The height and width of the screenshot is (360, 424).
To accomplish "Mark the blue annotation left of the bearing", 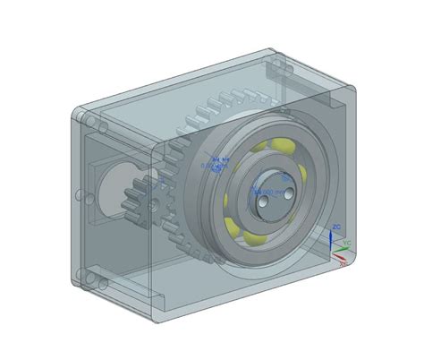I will pos(216,162).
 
